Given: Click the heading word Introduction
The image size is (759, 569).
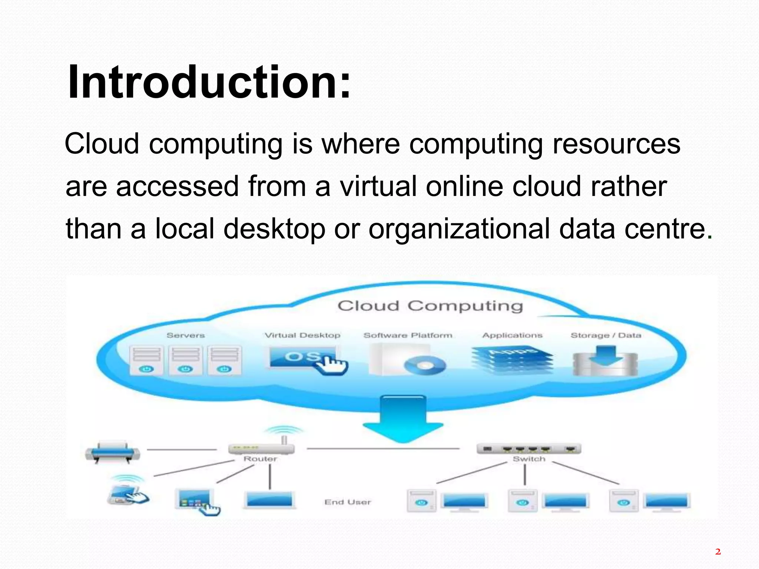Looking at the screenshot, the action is [x=209, y=82].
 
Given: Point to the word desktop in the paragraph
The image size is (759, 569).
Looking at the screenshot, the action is [x=274, y=229].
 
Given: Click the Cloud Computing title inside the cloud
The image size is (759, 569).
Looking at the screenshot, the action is [x=430, y=306].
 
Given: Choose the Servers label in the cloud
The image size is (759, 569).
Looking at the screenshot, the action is [x=186, y=335].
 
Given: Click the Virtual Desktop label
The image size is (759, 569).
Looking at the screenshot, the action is [x=302, y=335].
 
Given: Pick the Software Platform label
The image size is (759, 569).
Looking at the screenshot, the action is [x=408, y=335].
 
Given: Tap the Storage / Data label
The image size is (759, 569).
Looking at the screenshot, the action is [x=606, y=335].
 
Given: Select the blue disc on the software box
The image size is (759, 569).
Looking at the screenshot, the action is [x=425, y=366].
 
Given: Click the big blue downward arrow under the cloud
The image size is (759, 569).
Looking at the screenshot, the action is [x=403, y=419].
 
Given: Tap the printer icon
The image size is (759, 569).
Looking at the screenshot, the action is [x=113, y=452].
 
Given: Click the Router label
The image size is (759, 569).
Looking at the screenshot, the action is [x=260, y=459].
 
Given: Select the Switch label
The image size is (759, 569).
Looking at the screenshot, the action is [x=529, y=459].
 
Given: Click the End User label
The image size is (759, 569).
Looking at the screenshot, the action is [x=348, y=502].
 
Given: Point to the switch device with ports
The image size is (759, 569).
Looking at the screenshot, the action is [x=528, y=449].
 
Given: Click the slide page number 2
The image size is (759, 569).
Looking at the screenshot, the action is [x=718, y=552].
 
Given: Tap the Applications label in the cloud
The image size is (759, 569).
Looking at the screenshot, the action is [x=512, y=335].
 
